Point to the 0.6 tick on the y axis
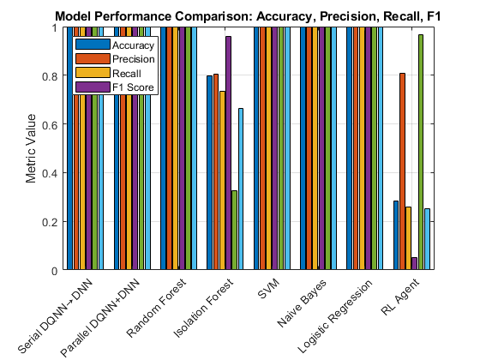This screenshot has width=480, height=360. [56, 124]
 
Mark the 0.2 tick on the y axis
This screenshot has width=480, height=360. [56, 222]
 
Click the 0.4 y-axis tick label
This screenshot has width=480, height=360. [56, 173]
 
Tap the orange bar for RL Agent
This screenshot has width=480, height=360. [403, 171]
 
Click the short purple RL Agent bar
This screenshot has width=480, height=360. [414, 264]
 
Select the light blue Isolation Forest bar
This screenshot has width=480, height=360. [241, 189]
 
